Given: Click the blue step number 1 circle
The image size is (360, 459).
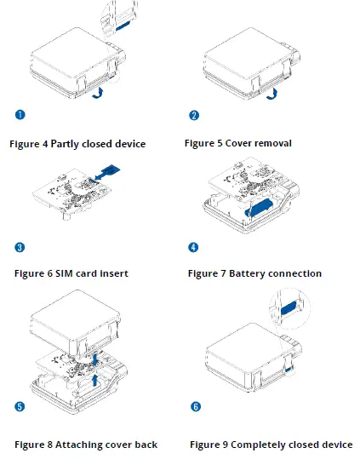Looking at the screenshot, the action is pos(20,114).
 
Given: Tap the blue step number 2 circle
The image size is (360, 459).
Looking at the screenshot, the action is pos(194,115).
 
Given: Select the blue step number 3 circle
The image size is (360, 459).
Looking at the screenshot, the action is pos(20,247).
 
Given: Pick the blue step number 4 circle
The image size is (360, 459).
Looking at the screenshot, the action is pos(193,247).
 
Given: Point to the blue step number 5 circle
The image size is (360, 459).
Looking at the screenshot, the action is pos(20,406).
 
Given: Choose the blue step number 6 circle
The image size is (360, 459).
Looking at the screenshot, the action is pos(196,406).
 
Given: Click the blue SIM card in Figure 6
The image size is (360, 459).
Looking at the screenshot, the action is pos(111,169).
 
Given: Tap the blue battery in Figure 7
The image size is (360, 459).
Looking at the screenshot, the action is pos(259,207).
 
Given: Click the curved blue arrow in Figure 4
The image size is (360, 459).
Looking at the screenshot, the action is pos(98,93).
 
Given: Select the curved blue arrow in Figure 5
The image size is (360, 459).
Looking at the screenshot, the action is pos(272,94).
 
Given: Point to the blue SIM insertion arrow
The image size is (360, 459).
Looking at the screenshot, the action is pos(100,175).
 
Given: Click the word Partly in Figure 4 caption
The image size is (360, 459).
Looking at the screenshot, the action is pos(65,144).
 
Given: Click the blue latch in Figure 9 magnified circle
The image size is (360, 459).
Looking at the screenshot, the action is pos(289,308).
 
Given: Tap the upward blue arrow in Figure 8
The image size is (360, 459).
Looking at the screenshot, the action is pos(95,380).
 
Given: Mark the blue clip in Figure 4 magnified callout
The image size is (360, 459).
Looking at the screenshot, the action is pos(123,26).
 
